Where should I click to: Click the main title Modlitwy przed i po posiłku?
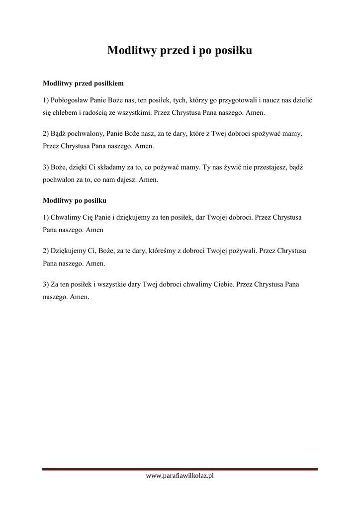(x=180, y=50)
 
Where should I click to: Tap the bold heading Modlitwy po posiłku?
(x=75, y=201)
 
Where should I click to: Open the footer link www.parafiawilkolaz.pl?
(x=180, y=476)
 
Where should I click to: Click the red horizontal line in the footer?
(x=180, y=469)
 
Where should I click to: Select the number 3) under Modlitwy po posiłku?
(x=46, y=285)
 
